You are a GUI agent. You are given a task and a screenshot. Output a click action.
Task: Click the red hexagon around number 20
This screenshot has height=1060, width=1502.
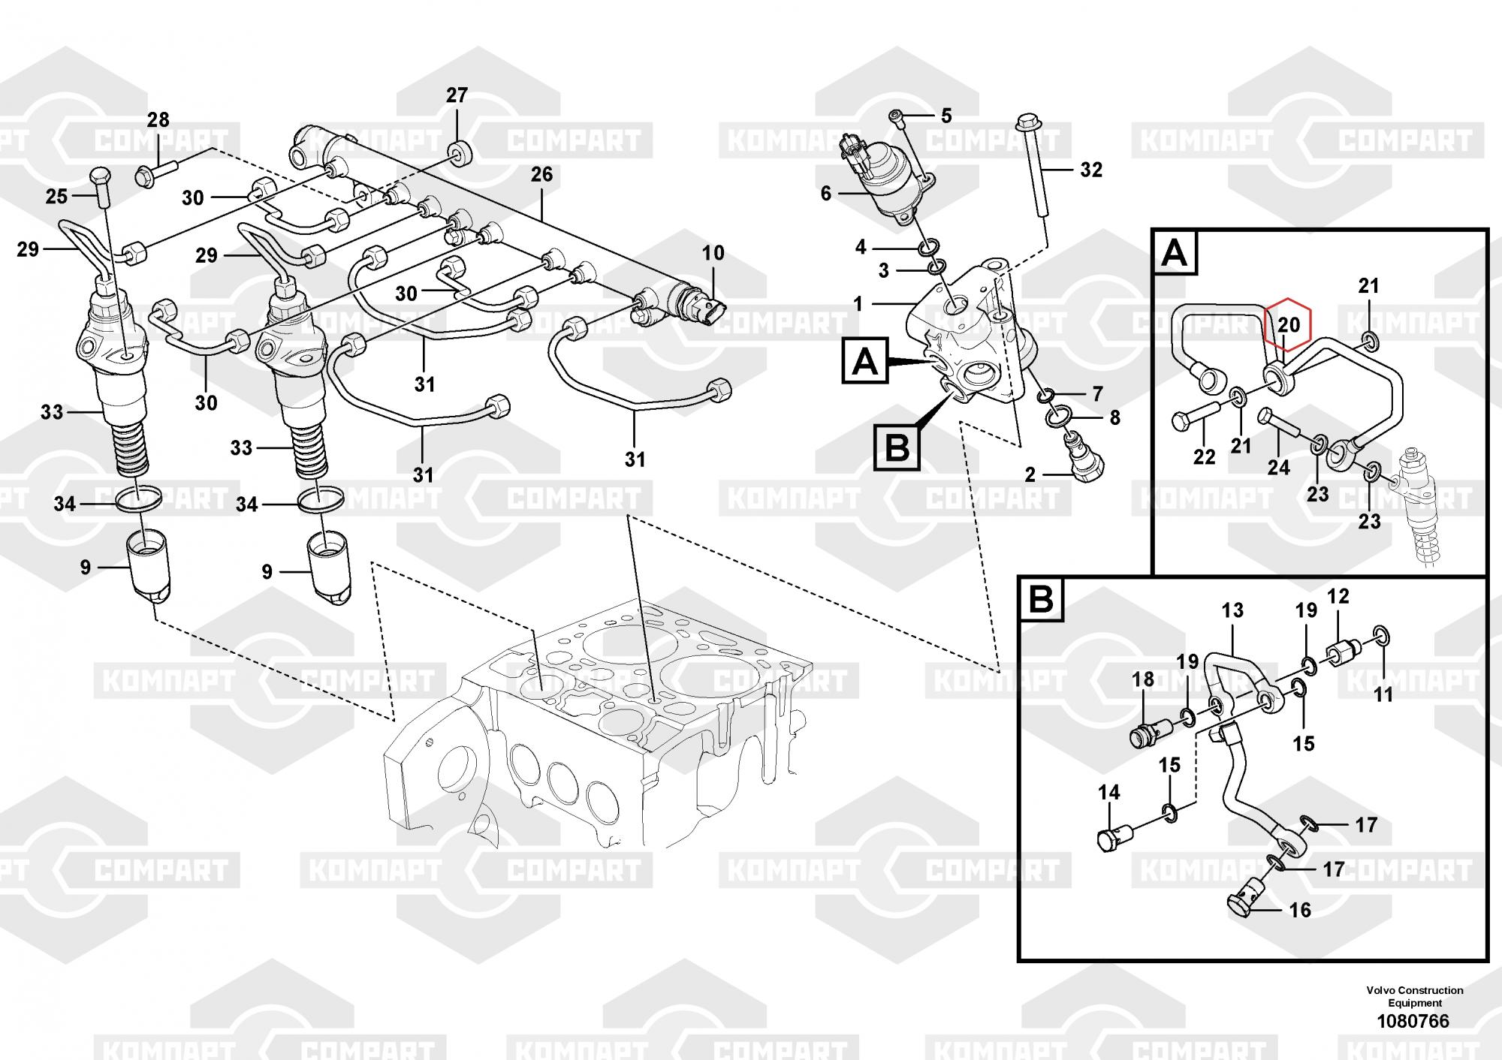[x=1288, y=326]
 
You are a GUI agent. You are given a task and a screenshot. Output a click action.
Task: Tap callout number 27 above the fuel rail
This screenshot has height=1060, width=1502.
[x=457, y=95]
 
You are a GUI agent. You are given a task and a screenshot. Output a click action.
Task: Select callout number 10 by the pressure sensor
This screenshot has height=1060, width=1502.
[x=713, y=253]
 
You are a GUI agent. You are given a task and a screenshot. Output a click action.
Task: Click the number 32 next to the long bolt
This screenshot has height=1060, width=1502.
[x=1091, y=170]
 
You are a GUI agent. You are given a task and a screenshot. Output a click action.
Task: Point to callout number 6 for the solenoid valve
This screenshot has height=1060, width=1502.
[x=826, y=194]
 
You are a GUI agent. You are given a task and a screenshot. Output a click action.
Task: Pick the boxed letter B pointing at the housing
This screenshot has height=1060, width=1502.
[x=897, y=447]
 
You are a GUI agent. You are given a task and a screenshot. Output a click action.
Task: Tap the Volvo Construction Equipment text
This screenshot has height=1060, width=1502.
[x=1415, y=996]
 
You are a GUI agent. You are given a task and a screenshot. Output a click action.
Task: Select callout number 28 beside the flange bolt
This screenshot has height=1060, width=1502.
[x=158, y=120]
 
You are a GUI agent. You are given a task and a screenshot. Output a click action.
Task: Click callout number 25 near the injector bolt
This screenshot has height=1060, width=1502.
[x=56, y=197]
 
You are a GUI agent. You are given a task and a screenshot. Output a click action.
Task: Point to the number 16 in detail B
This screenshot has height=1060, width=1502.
[x=1299, y=910]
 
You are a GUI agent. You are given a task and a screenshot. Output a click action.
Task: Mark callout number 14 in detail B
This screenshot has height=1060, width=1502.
[x=1108, y=793]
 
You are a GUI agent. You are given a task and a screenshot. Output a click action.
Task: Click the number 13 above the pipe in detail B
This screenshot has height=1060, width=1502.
[x=1232, y=610]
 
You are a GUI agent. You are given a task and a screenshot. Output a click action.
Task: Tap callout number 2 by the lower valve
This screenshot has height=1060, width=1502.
[x=1030, y=474]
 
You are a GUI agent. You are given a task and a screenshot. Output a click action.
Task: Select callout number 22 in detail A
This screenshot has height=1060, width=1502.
[x=1204, y=457]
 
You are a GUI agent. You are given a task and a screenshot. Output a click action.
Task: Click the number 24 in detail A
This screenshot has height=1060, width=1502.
[x=1278, y=468]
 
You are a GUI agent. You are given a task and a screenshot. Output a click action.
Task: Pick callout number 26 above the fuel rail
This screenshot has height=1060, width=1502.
[x=541, y=175]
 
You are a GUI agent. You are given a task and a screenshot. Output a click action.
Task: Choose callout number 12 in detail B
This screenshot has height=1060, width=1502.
[x=1338, y=597]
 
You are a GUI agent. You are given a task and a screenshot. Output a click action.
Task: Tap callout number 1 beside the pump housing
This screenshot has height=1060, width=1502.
[x=858, y=304]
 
